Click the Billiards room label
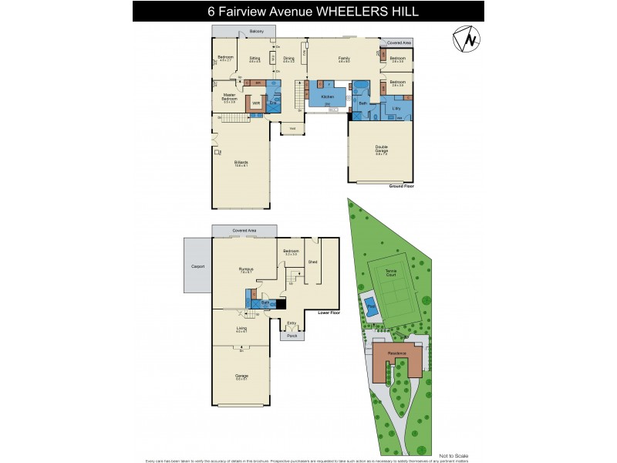[x=241, y=163]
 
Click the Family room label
[x=344, y=58]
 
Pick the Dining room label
[x=288, y=58]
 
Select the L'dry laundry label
[x=396, y=108]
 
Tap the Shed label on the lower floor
[x=312, y=261]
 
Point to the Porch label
[x=292, y=336]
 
